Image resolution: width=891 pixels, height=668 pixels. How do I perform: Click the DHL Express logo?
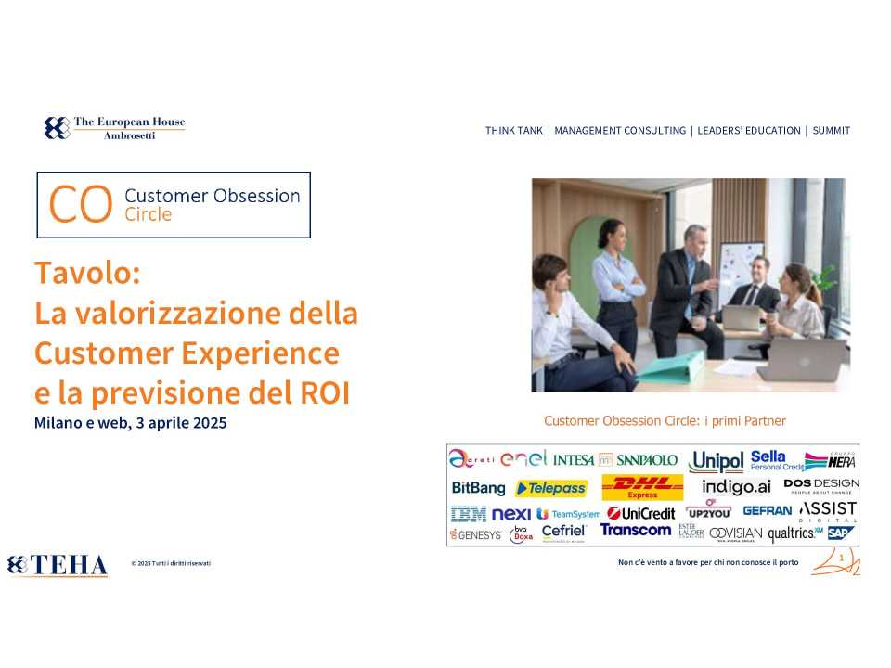[642, 487]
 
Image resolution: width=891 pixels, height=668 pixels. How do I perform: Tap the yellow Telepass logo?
[551, 488]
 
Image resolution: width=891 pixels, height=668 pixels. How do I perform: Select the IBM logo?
[469, 513]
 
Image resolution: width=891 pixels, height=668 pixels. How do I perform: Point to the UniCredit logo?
[641, 513]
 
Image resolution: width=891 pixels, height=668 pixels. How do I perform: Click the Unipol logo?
[717, 461]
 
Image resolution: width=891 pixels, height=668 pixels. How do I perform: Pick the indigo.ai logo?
[736, 487]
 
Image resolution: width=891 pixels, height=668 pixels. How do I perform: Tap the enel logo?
[523, 458]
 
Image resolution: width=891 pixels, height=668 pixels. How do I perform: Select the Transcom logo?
[635, 530]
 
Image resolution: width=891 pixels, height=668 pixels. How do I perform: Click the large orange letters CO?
[80, 205]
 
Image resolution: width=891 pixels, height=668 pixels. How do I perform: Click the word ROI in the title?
[325, 392]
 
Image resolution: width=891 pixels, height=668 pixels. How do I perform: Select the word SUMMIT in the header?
[831, 131]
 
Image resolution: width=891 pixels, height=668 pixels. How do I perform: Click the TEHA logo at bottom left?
[58, 564]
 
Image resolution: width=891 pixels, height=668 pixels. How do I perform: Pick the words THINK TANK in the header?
[513, 131]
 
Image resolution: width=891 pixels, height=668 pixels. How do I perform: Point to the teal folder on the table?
[672, 368]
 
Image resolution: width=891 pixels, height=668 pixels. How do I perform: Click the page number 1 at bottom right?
[841, 559]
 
